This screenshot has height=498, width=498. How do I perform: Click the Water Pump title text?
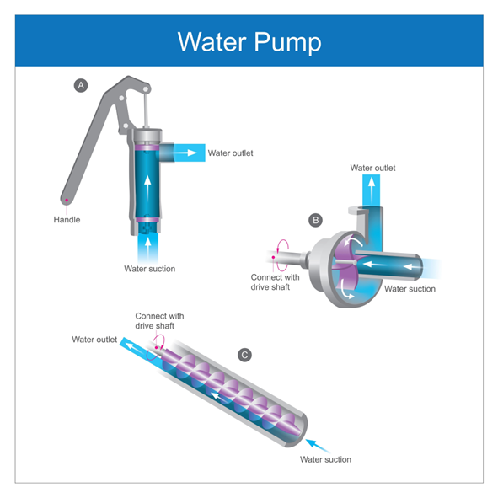tap(249, 41)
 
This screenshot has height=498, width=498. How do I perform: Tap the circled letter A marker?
tap(81, 85)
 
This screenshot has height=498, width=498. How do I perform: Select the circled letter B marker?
tap(315, 220)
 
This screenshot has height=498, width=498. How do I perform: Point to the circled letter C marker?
tap(244, 355)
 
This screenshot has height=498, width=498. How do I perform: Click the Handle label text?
tap(67, 219)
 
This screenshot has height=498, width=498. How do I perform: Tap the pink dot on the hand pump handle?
tap(67, 200)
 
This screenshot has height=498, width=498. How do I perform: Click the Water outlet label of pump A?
tap(230, 153)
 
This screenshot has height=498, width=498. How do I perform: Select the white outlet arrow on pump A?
tap(185, 153)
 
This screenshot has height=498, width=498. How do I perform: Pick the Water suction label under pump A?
tap(150, 269)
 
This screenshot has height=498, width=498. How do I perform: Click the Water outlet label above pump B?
tap(372, 168)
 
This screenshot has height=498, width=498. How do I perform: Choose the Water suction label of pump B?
tap(410, 289)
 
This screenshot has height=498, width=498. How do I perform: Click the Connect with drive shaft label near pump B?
tap(275, 282)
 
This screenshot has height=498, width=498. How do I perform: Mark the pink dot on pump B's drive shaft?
tap(273, 257)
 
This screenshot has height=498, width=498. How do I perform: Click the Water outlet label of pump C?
tap(94, 340)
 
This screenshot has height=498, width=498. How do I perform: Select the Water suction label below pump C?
tap(325, 459)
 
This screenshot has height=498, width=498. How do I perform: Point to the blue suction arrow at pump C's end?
tap(318, 446)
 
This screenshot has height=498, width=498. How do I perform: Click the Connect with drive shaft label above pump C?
tap(159, 321)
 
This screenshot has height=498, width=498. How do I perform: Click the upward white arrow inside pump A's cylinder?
tap(147, 188)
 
